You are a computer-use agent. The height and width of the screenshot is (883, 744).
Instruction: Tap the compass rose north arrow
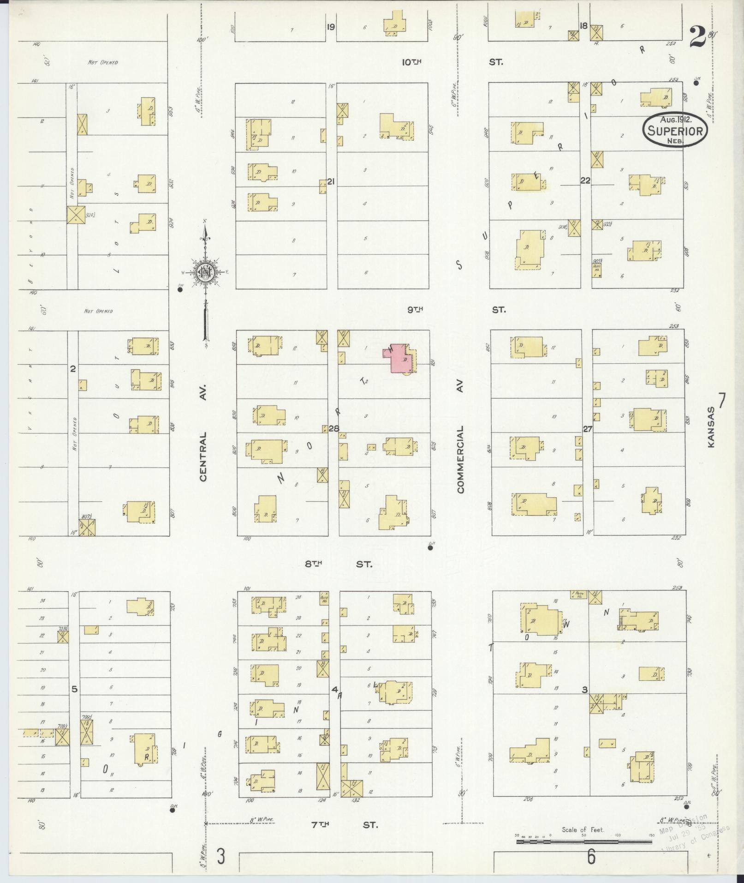(x=205, y=272)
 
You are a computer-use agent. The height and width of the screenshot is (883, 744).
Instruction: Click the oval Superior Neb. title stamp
(x=675, y=131)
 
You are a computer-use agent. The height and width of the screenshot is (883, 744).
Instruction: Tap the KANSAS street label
(x=711, y=427)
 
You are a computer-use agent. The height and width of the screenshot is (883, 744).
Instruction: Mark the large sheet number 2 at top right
(x=697, y=36)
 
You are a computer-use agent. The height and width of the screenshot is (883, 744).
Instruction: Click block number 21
(x=330, y=182)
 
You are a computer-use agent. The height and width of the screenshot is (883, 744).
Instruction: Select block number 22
(x=585, y=181)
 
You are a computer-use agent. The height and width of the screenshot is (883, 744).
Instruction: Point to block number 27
(x=587, y=429)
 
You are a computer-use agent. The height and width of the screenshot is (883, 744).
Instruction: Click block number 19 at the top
(x=330, y=27)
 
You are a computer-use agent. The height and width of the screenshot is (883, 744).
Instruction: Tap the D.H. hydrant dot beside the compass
(x=180, y=289)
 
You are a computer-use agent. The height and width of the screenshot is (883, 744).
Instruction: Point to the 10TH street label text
(x=411, y=62)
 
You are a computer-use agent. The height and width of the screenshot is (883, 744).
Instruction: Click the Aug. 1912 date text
(x=675, y=119)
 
